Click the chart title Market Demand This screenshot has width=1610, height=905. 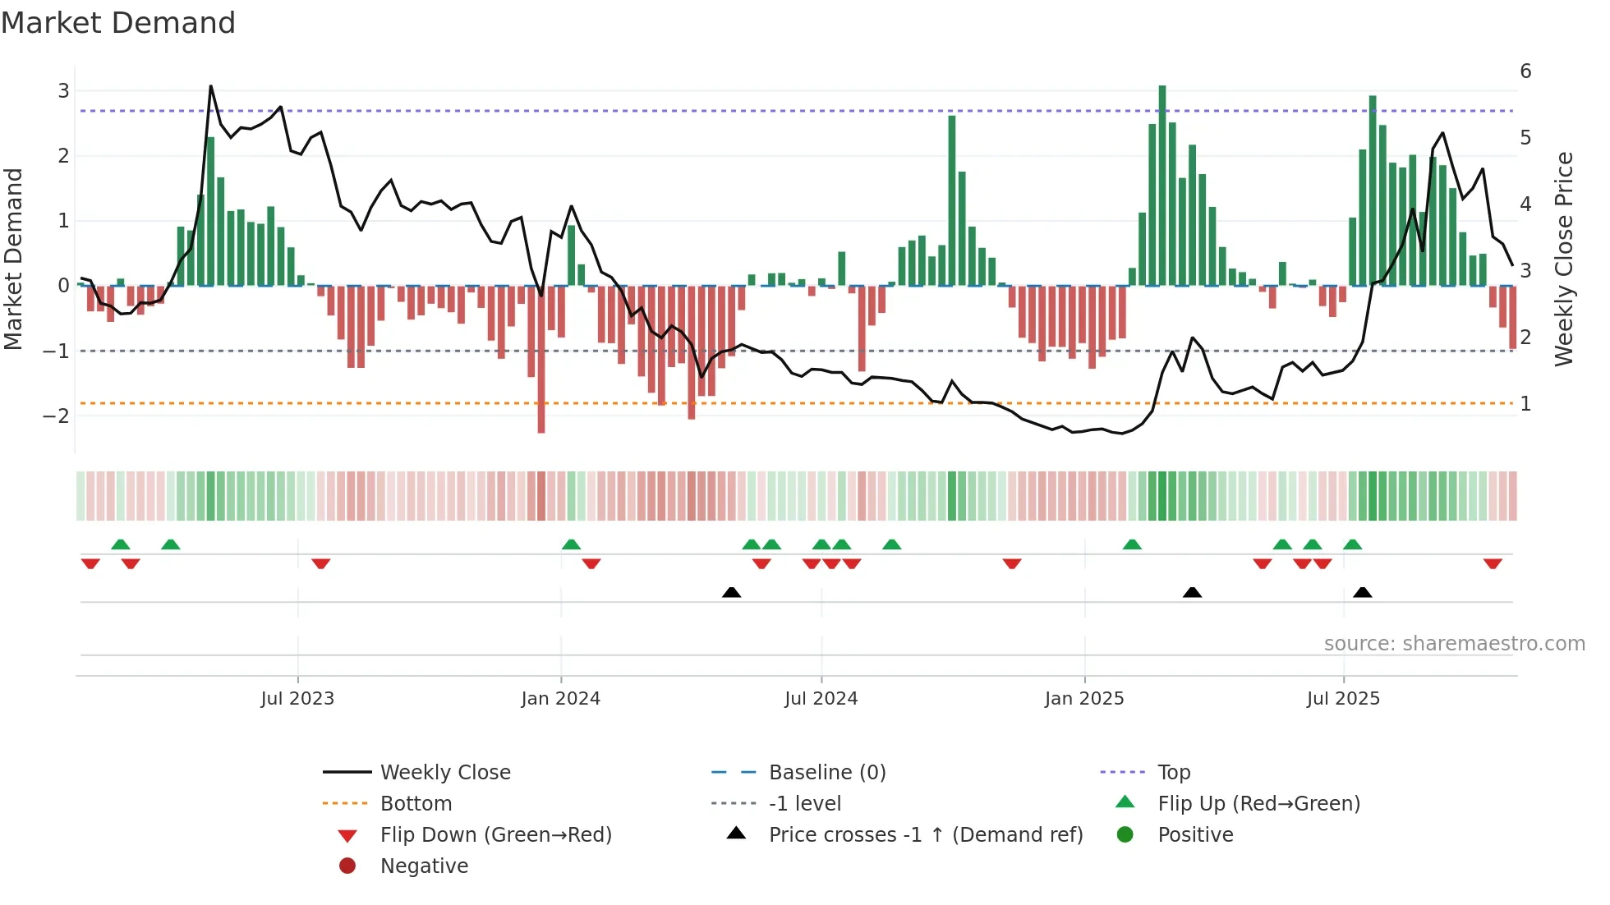[x=118, y=23]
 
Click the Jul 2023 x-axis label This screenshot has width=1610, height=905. [x=297, y=699]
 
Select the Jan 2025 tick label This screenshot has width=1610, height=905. [x=1084, y=699]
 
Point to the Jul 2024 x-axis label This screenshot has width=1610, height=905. [x=821, y=699]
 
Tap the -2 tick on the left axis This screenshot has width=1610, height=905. [x=57, y=416]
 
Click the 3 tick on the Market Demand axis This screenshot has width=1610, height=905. [x=63, y=90]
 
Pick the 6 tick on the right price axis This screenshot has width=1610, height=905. [x=1525, y=71]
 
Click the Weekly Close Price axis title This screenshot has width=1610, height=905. [x=1564, y=259]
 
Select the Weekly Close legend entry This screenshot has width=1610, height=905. [x=444, y=773]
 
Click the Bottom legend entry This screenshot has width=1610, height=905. [x=416, y=804]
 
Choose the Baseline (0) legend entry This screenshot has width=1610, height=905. [x=826, y=773]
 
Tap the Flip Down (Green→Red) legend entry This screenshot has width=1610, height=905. [x=495, y=835]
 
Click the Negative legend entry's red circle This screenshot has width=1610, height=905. [x=347, y=866]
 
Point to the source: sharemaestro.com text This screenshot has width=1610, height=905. [x=1454, y=644]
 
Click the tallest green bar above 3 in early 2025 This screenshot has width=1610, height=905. [x=1162, y=185]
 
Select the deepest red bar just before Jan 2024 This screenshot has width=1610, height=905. [x=541, y=359]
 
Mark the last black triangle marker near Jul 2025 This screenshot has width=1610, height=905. [x=1363, y=592]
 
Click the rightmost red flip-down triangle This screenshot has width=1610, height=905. [x=1493, y=563]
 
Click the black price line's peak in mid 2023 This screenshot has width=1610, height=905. [x=211, y=86]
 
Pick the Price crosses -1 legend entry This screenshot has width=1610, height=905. [x=925, y=835]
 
